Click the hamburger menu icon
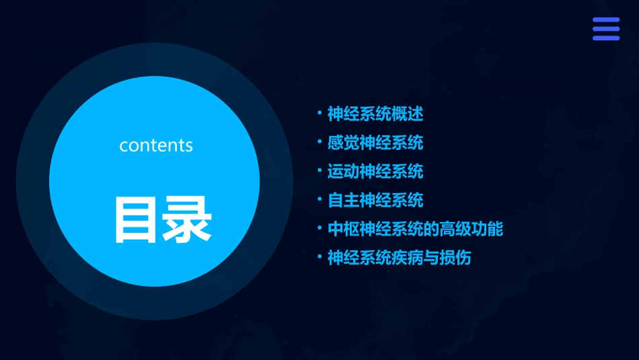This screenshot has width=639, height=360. coord(606,29)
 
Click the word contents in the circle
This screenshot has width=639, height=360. coord(156,145)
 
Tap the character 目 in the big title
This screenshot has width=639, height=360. coord(137,219)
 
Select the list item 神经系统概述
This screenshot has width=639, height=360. coord(375,114)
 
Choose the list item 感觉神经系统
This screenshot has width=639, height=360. coord(375,143)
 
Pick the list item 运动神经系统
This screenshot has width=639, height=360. coord(375,172)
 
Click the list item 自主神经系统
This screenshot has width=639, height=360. coord(375,201)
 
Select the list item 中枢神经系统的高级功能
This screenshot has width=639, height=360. coord(415,229)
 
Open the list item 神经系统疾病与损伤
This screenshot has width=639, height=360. coord(399,258)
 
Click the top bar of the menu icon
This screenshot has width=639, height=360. coord(606,20)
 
